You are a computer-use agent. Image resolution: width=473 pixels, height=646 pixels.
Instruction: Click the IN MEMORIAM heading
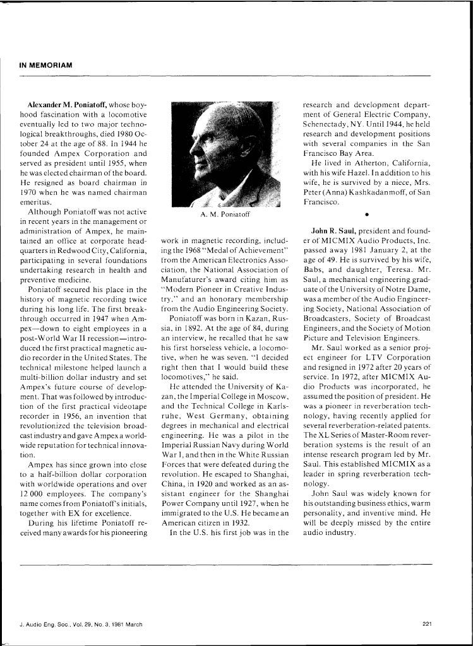[x=46, y=65]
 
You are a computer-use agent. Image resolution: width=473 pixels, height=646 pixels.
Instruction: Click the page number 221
[x=427, y=625]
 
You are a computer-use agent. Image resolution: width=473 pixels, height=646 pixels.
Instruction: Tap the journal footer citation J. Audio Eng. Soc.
[x=81, y=625]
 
